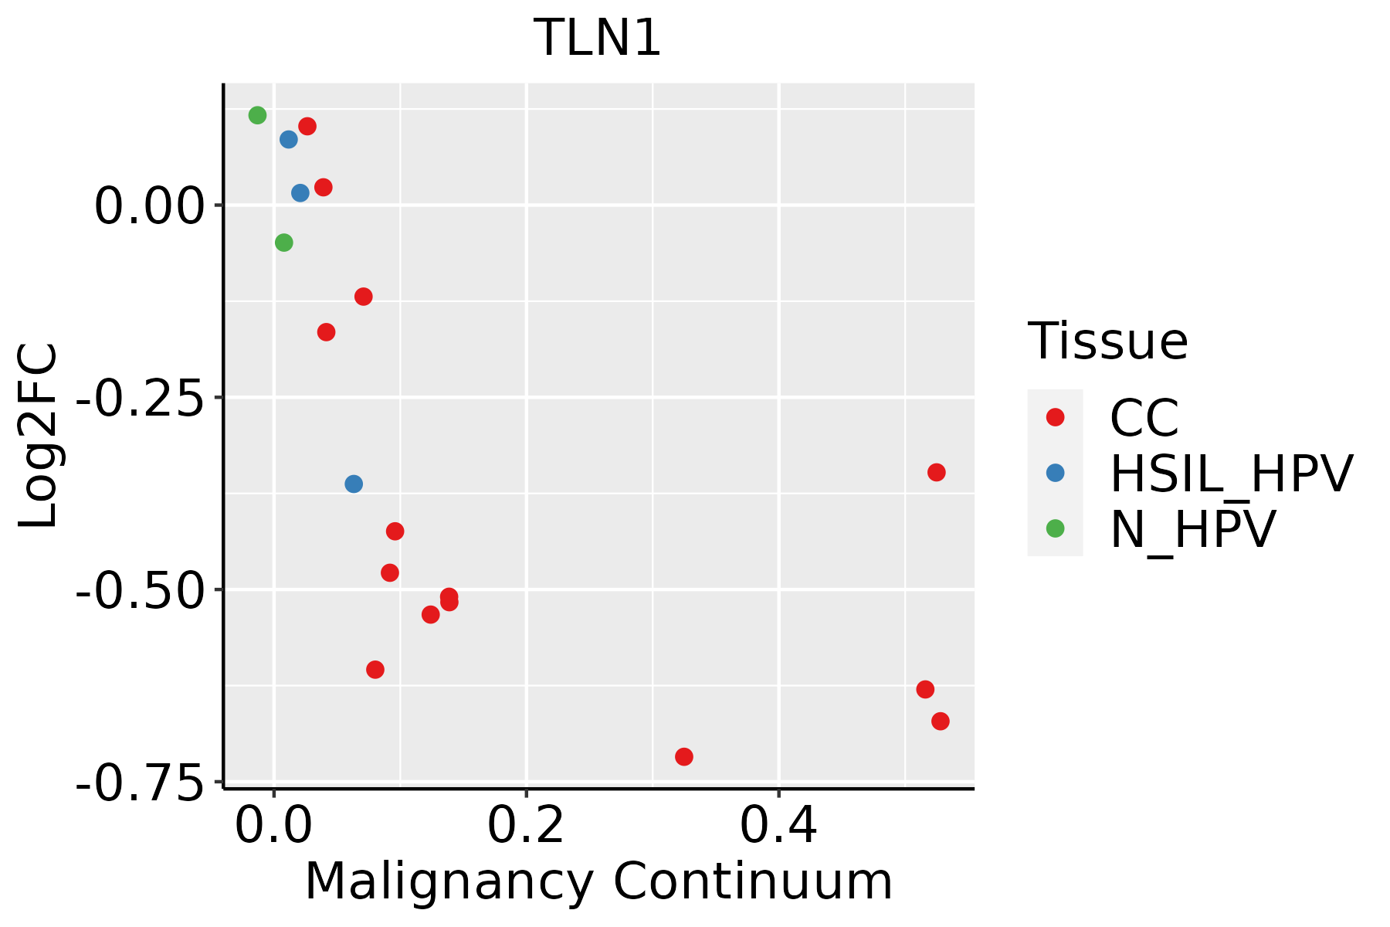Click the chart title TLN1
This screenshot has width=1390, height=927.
tap(598, 38)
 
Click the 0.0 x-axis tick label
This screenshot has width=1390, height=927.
tap(273, 827)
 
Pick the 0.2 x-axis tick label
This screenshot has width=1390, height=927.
tap(526, 827)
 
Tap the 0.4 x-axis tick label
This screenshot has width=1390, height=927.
tap(778, 827)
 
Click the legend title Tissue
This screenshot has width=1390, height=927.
tap(1107, 341)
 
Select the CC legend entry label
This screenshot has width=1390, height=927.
tap(1144, 419)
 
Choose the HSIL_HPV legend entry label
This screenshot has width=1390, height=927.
tap(1231, 474)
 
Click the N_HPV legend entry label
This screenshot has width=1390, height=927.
tap(1193, 529)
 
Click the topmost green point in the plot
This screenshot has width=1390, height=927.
tap(258, 115)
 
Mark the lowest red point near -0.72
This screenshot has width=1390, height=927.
tap(684, 756)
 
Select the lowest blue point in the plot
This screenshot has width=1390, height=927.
tap(354, 484)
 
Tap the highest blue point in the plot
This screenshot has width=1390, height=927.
tap(289, 140)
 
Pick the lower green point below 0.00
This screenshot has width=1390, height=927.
tap(284, 243)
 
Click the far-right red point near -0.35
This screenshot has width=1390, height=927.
tap(937, 472)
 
